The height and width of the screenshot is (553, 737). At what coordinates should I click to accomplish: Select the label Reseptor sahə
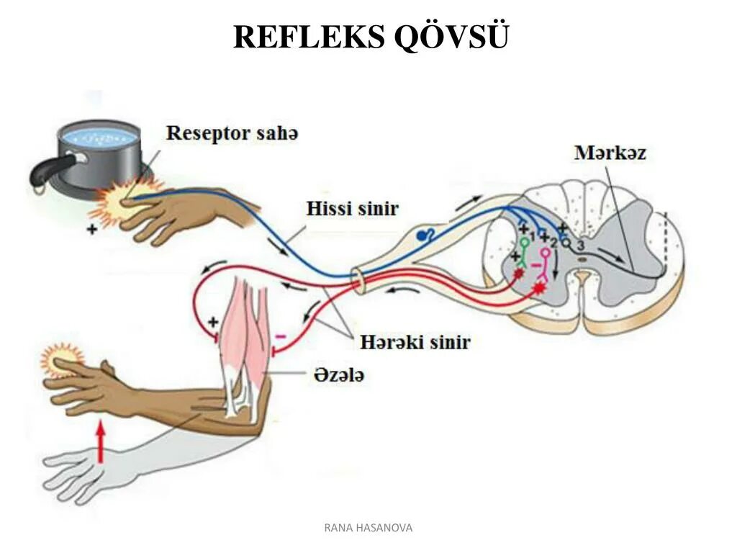pos(232,134)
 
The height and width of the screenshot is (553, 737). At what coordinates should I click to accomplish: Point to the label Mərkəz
pos(610,153)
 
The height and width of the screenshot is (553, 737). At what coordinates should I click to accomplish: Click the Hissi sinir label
pos(352,209)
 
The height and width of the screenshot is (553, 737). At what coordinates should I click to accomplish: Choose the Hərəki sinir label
pos(407,341)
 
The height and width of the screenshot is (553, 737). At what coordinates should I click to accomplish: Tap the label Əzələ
pos(338,374)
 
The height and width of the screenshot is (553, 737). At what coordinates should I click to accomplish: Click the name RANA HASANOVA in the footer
pos(368,528)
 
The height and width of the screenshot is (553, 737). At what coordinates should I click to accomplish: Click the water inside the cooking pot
pos(99,135)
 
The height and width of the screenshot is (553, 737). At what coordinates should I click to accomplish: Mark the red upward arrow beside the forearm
pos(101,441)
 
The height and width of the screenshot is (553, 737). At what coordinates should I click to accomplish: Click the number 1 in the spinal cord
pos(532,236)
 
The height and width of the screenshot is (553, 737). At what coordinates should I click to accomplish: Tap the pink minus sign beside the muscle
pos(281,336)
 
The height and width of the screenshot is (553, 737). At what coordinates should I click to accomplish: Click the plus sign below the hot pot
pos(91,230)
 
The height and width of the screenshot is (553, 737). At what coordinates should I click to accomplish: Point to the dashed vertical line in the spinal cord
pos(666,240)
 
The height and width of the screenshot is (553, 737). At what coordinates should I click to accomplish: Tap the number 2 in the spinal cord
pos(553,243)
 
